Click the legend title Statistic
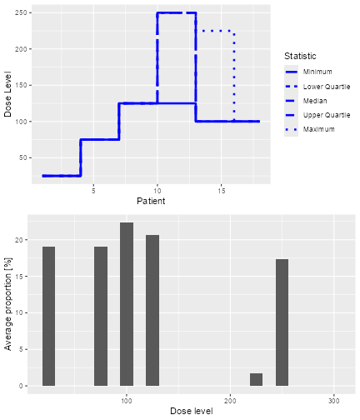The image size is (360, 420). coord(300,56)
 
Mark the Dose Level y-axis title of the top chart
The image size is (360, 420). coord(8,96)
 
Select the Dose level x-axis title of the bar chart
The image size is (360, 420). coord(192,412)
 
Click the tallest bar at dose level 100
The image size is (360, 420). coord(127,304)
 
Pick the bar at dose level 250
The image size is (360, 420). coord(282,322)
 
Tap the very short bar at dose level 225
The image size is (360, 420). coord(256,380)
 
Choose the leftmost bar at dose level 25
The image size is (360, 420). coord(49,317)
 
